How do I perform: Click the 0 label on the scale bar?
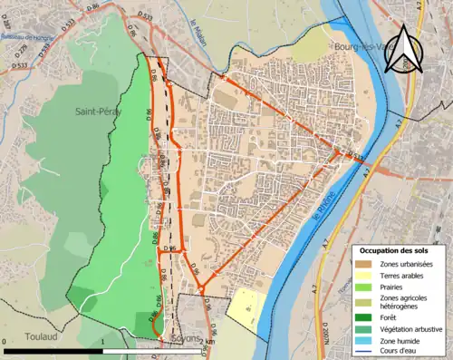(5, 342)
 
